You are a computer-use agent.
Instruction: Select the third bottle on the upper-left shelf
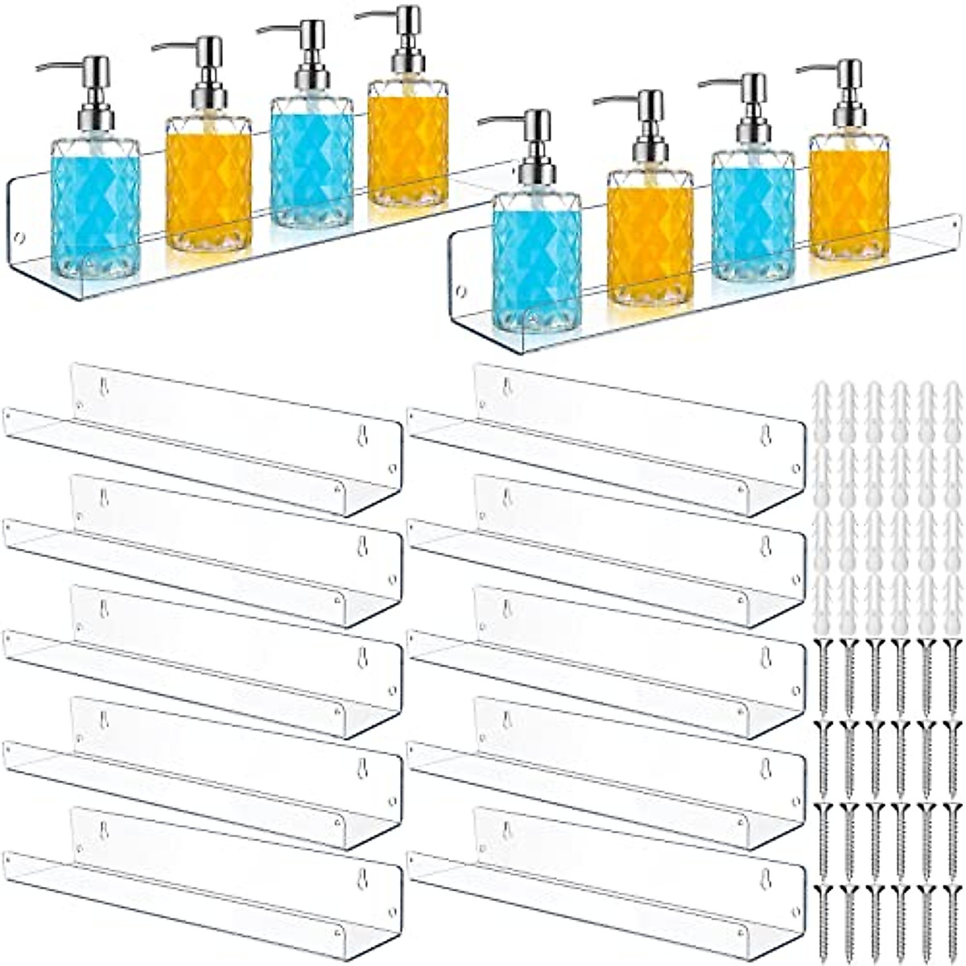[311, 161]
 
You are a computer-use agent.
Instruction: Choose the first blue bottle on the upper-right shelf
[535, 258]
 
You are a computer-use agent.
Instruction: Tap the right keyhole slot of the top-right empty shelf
[765, 436]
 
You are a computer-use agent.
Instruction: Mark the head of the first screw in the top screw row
[823, 643]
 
